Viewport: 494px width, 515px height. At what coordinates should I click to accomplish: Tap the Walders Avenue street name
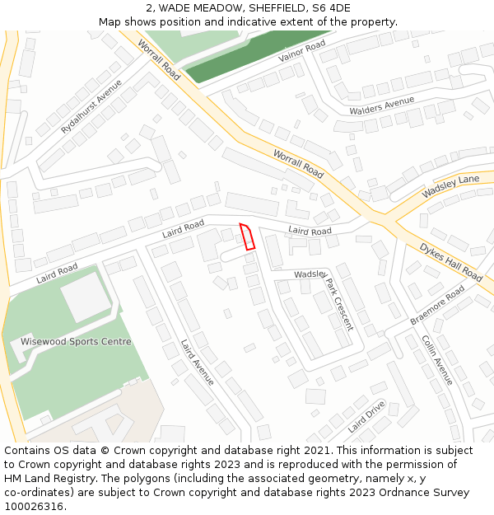381,106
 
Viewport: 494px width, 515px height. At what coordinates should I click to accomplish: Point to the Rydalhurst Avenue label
91,107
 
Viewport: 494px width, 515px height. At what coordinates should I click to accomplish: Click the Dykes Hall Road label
450,261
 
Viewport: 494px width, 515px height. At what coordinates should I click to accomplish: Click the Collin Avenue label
437,359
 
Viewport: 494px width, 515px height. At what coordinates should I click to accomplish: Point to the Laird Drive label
366,416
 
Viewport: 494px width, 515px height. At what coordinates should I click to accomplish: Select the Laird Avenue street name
198,363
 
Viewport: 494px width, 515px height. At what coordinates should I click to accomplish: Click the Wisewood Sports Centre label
76,341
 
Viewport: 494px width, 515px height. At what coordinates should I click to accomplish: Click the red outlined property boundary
247,236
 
